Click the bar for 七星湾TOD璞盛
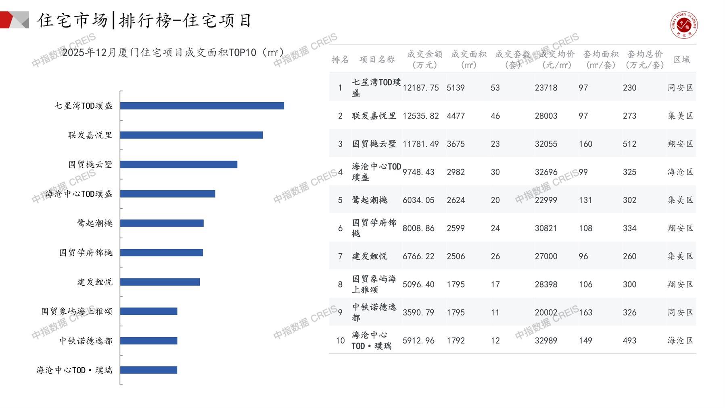pyautogui.click(x=202, y=106)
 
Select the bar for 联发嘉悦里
pyautogui.click(x=191, y=135)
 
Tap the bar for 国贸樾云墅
pyautogui.click(x=178, y=164)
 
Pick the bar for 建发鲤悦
pyautogui.click(x=160, y=282)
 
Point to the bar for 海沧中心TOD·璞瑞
pyautogui.click(x=148, y=370)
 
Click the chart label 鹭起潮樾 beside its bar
pyautogui.click(x=95, y=223)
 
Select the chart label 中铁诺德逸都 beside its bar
pyautogui.click(x=86, y=341)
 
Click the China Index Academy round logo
pyautogui.click(x=684, y=25)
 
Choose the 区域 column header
pyautogui.click(x=682, y=59)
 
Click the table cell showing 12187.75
pyautogui.click(x=420, y=88)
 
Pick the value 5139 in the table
pyautogui.click(x=455, y=88)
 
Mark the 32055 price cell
pyautogui.click(x=546, y=144)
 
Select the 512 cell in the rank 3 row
pyautogui.click(x=629, y=144)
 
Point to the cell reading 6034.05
pyautogui.click(x=418, y=200)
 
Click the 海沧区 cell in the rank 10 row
pyautogui.click(x=680, y=341)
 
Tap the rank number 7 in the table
pyautogui.click(x=340, y=256)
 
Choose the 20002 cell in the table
pyautogui.click(x=546, y=312)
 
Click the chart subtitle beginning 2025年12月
pyautogui.click(x=173, y=53)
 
